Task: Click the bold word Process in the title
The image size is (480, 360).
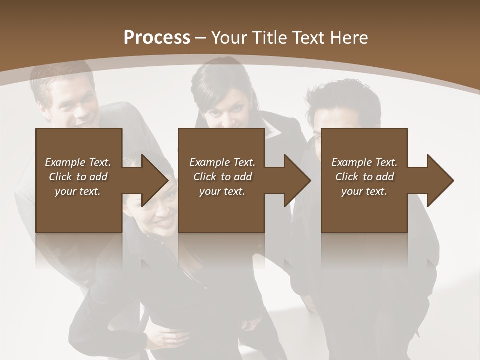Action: pyautogui.click(x=157, y=38)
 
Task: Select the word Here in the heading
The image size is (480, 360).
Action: pyautogui.click(x=348, y=38)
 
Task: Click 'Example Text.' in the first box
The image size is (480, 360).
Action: pyautogui.click(x=78, y=162)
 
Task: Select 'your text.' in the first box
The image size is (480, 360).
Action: pyautogui.click(x=78, y=191)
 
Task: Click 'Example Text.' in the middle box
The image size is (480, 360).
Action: pyautogui.click(x=222, y=162)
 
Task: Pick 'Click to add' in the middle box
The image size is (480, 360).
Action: pyautogui.click(x=222, y=177)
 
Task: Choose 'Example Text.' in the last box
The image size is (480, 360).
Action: pyautogui.click(x=364, y=162)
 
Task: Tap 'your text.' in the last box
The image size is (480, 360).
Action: pyautogui.click(x=364, y=191)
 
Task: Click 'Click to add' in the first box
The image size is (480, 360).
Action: pyautogui.click(x=78, y=177)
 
